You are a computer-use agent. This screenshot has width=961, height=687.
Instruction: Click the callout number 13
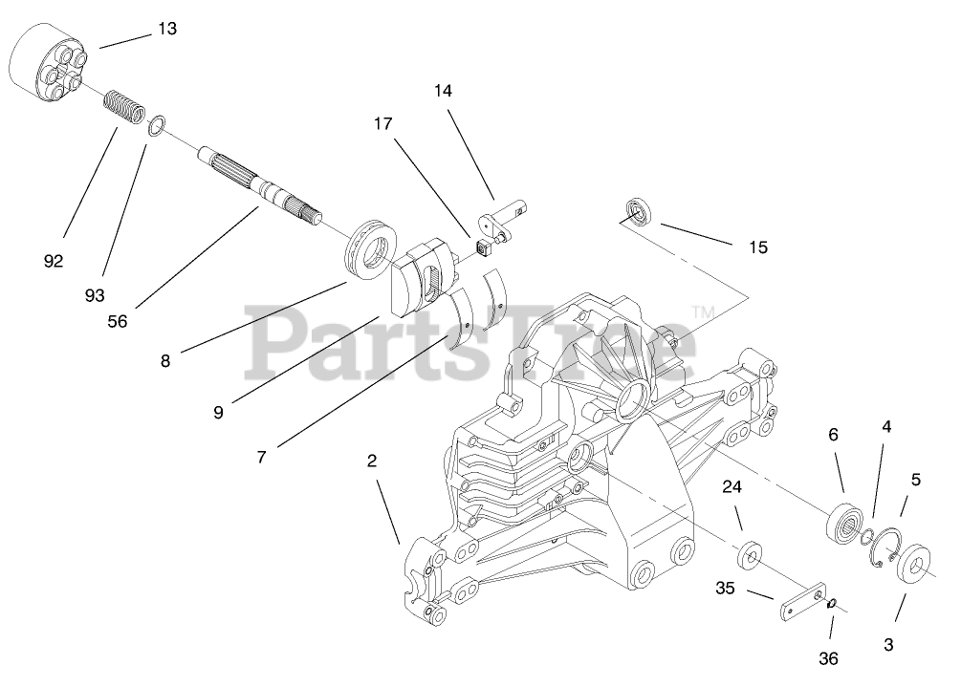click(167, 30)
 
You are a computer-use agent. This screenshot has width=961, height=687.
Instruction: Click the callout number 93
click(95, 295)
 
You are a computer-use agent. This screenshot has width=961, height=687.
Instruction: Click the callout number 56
click(117, 322)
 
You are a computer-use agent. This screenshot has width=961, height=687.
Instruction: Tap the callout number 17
click(383, 124)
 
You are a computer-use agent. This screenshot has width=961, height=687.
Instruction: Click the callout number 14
click(443, 92)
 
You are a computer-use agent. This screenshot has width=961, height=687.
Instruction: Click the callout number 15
click(757, 247)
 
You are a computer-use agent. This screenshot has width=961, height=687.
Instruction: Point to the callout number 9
click(218, 413)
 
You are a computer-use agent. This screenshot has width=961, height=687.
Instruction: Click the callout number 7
click(261, 457)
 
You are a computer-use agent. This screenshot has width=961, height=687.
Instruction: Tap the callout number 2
click(372, 461)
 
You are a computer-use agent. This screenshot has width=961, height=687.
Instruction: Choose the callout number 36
click(829, 658)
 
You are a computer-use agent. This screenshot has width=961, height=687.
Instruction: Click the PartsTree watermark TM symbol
click(703, 311)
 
